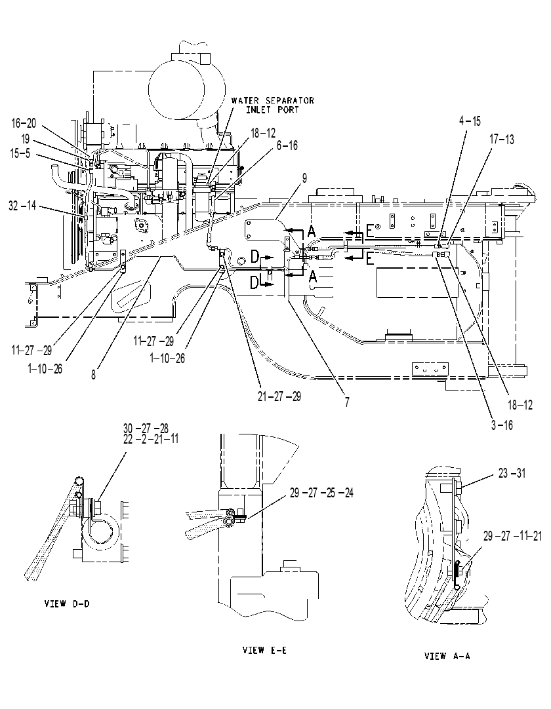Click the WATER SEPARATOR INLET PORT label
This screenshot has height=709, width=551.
coord(272,105)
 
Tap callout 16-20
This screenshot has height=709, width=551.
coord(24,123)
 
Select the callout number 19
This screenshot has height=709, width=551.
coord(26,139)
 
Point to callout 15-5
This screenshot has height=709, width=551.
coord(20,154)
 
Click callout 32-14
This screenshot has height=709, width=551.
coord(22,206)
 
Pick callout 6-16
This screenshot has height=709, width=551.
coord(287,145)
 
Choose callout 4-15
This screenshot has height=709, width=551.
coord(470,121)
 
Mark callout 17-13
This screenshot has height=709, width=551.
coord(502,140)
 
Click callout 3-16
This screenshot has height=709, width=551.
coord(502,425)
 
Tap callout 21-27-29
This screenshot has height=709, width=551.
coord(279,396)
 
